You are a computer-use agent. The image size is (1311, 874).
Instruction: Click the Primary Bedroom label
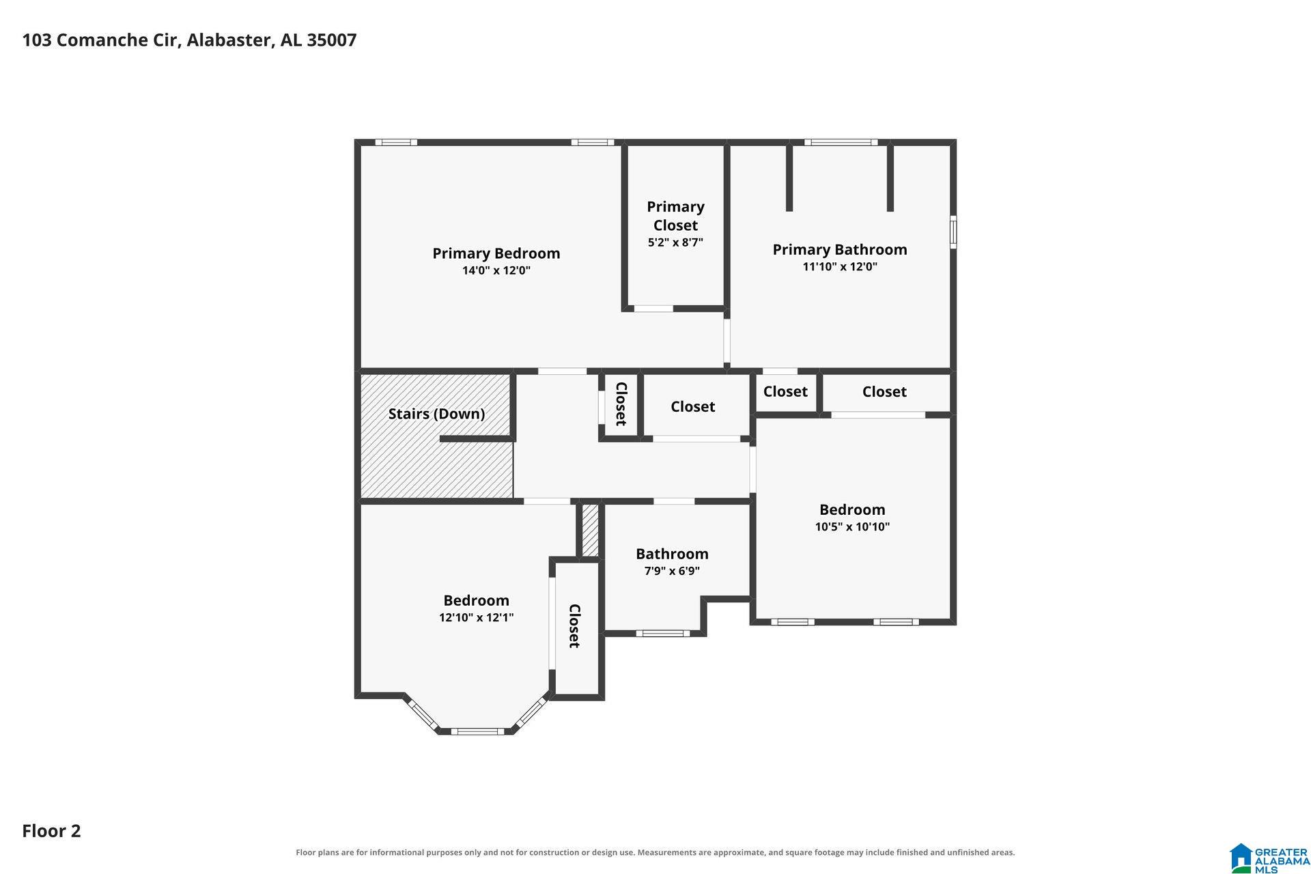(496, 253)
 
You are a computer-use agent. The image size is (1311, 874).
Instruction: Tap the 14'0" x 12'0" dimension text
(496, 270)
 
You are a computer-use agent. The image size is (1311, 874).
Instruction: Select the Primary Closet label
(675, 216)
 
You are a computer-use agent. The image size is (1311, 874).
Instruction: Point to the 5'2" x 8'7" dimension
(675, 242)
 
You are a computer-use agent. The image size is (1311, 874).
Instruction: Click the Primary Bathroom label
(840, 249)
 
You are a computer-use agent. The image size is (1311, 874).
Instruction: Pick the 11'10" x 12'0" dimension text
(840, 266)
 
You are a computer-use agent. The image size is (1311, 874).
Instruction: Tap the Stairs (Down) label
(436, 414)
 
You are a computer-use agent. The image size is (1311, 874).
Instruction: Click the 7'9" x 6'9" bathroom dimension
(672, 571)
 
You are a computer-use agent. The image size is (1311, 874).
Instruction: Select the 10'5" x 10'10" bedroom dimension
(852, 526)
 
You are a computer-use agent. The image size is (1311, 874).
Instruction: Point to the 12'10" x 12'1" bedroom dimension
(476, 617)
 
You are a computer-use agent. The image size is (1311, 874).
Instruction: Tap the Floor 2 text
(51, 831)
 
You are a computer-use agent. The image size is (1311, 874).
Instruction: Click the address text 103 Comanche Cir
(101, 40)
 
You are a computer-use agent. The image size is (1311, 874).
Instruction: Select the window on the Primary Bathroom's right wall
(953, 231)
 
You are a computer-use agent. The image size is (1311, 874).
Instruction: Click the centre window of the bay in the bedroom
(477, 731)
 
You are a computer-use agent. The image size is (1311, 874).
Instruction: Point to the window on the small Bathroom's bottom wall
(663, 633)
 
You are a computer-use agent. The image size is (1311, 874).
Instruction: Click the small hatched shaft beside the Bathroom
(590, 530)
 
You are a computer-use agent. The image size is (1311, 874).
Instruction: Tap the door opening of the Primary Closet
(653, 309)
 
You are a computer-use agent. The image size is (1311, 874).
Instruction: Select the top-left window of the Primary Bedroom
(396, 142)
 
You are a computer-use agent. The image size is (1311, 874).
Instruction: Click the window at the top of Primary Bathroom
(841, 142)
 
